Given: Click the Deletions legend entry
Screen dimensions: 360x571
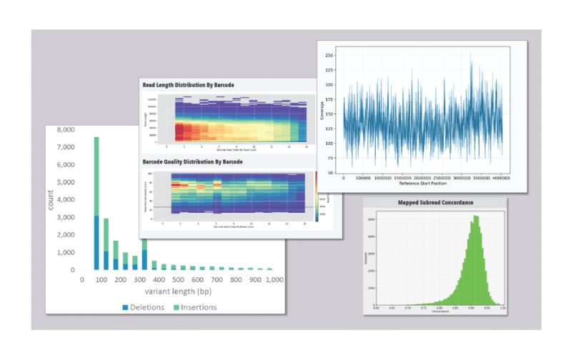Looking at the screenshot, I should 159,307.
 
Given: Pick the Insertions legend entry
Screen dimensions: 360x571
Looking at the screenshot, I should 213,307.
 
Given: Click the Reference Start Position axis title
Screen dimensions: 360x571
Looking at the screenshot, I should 422,184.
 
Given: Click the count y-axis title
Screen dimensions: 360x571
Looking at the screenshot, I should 51,200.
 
